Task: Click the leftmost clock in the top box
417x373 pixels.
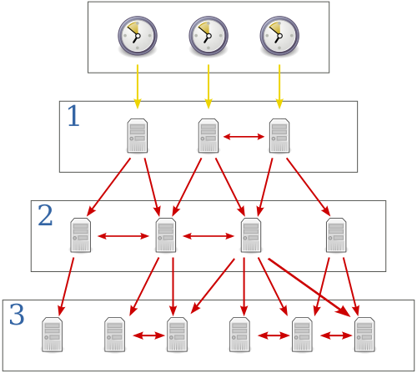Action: coord(137,36)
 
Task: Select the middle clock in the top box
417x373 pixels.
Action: coord(208,36)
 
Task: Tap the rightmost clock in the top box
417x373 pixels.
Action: coord(279,36)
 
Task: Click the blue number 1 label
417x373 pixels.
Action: coord(73,117)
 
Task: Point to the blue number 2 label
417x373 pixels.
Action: coord(45,216)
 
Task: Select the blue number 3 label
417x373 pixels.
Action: coord(17,315)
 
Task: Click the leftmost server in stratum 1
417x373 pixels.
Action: coord(137,135)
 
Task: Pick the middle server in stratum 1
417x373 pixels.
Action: coord(208,135)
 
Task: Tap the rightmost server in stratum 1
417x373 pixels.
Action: coord(279,135)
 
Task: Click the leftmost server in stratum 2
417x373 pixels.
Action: coord(81,235)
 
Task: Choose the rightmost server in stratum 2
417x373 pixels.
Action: coord(336,235)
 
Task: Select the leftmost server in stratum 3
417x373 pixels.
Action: coord(52,334)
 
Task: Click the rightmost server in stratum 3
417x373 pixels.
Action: coord(364,334)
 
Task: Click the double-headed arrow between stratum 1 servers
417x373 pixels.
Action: coord(243,135)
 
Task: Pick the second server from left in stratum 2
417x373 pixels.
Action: coord(166,235)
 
